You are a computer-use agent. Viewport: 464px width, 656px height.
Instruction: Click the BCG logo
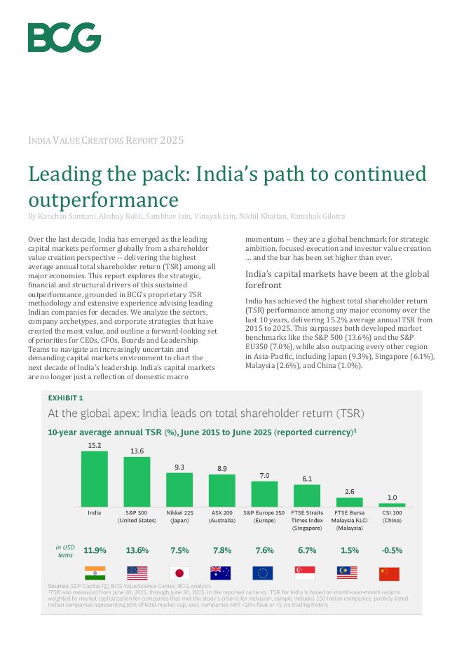click(x=64, y=37)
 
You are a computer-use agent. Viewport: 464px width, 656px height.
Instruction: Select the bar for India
click(x=95, y=479)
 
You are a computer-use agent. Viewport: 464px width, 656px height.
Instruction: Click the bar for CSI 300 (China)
click(x=392, y=505)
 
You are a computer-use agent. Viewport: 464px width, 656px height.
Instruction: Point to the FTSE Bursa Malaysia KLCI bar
click(x=349, y=502)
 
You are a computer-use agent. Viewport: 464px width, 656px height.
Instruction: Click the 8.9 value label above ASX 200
click(x=221, y=468)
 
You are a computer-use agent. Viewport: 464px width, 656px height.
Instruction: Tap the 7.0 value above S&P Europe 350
click(x=264, y=475)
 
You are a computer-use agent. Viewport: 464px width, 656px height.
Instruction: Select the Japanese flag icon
click(x=179, y=573)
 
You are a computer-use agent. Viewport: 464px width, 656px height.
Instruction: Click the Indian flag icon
click(x=95, y=573)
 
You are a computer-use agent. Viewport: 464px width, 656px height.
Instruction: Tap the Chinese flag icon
click(x=389, y=573)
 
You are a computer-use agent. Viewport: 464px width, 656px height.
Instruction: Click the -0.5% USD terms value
click(x=392, y=550)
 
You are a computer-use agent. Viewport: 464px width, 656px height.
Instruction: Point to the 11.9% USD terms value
click(x=95, y=550)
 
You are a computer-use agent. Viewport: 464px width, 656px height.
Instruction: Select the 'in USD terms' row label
click(x=65, y=551)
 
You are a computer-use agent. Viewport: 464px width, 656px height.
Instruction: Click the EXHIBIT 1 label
click(x=65, y=398)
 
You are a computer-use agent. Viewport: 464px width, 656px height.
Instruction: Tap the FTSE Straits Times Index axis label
click(x=307, y=520)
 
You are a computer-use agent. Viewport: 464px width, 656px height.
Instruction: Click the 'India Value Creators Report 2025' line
click(x=106, y=141)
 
